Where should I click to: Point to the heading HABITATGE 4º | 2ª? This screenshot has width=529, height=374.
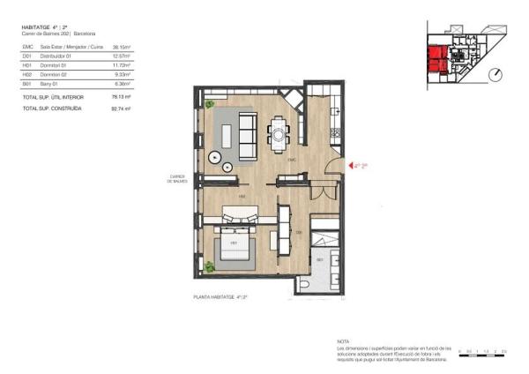pyautogui.click(x=45, y=28)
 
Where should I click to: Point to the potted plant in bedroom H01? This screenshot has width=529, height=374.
pyautogui.click(x=209, y=266)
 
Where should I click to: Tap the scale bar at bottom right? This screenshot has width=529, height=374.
pyautogui.click(x=481, y=353)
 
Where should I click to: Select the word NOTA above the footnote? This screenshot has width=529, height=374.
pyautogui.click(x=343, y=340)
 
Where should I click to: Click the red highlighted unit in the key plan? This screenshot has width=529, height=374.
pyautogui.click(x=438, y=59)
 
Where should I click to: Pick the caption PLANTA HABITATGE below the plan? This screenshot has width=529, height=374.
pyautogui.click(x=220, y=299)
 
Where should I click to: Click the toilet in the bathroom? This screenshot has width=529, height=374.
pyautogui.click(x=304, y=285)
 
